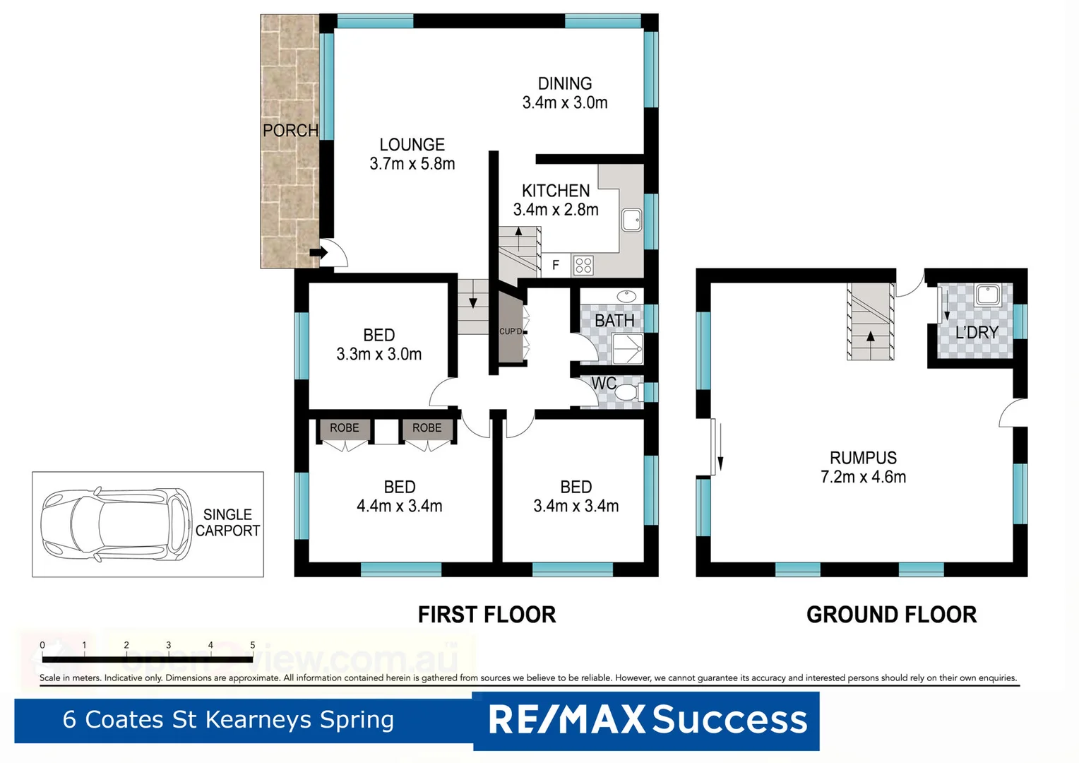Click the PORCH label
tap(290, 131)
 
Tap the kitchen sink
tap(631, 220)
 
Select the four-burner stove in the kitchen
tap(583, 266)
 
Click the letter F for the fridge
tap(556, 266)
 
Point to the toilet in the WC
tap(627, 392)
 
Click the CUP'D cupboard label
tap(511, 331)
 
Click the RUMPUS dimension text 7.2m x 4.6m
tap(863, 477)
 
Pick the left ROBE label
tap(344, 428)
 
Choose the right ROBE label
tap(427, 428)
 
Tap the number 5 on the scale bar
tap(253, 645)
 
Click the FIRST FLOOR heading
tap(487, 615)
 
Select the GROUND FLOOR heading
tap(891, 615)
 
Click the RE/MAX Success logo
tap(647, 720)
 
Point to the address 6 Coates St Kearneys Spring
tap(228, 719)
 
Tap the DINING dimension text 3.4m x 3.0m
tap(565, 102)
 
